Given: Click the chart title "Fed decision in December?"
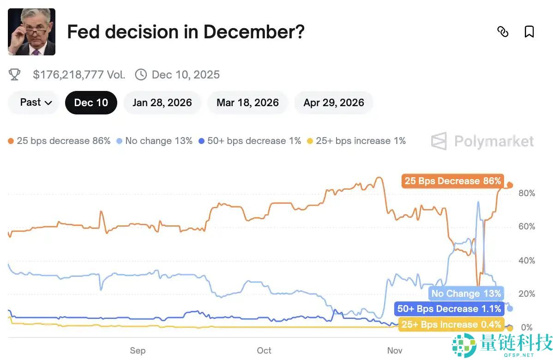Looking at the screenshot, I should point(186,32).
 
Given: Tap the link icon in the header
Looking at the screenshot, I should point(503,32).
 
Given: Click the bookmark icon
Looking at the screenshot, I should point(529,32).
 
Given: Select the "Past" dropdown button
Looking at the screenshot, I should point(36,102).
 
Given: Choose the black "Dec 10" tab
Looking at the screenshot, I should point(91,102).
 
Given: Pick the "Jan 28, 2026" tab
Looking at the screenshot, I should point(162,102).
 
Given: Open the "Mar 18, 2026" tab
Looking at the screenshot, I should point(247,102).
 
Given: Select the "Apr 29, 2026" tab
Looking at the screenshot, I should point(333,102).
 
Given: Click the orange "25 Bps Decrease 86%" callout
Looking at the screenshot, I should point(452,181).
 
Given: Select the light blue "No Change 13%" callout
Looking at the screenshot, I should point(466,294).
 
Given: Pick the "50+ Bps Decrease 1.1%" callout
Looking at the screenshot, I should point(449,309).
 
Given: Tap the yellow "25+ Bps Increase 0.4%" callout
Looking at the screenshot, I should point(451,324).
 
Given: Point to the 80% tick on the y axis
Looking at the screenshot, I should point(527,193).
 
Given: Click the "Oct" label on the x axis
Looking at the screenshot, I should point(264,350).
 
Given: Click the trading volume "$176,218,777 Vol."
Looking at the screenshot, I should point(79,75).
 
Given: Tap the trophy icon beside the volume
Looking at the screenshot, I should point(15,75).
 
